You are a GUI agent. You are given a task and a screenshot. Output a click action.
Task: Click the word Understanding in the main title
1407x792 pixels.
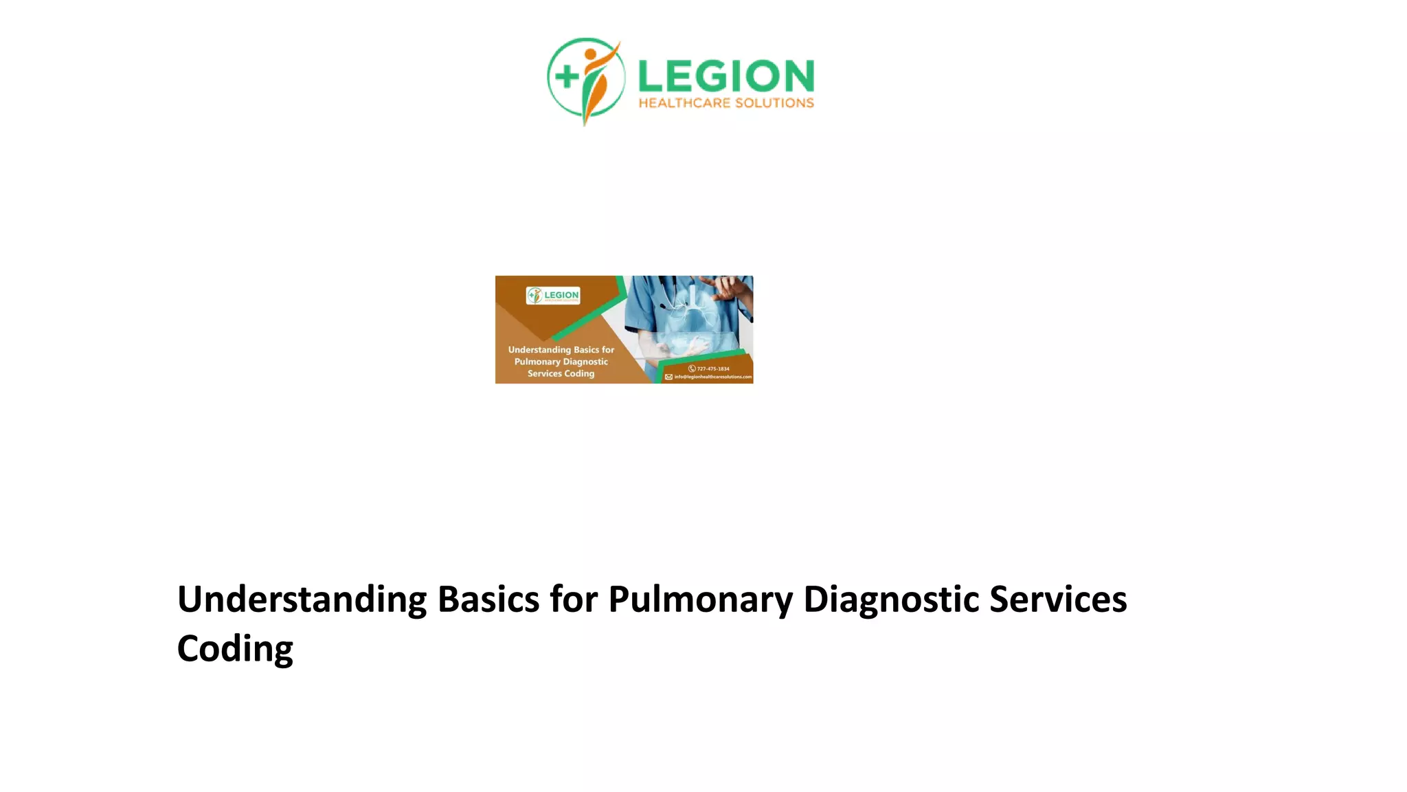tap(302, 599)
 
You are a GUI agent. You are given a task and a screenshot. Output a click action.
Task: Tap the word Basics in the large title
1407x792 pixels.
tap(488, 599)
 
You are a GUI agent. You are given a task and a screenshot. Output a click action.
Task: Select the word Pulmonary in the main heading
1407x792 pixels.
tap(701, 599)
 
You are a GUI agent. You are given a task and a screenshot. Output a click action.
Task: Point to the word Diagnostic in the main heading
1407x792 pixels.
tap(891, 599)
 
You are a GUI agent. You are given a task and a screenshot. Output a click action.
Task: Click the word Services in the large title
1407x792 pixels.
tap(1058, 599)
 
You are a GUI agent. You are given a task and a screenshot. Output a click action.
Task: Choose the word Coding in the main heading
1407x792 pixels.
tap(235, 649)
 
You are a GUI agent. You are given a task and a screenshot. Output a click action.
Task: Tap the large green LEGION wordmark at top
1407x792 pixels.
tap(726, 76)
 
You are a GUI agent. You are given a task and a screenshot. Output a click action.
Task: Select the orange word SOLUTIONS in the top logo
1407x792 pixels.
tap(774, 103)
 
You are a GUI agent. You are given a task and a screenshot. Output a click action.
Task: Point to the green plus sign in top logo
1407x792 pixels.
tap(567, 76)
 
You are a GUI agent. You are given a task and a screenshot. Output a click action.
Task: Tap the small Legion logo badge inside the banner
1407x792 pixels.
tap(553, 296)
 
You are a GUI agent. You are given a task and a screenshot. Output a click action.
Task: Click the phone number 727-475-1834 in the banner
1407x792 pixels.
tap(713, 369)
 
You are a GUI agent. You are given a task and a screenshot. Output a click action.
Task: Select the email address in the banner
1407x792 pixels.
tap(713, 377)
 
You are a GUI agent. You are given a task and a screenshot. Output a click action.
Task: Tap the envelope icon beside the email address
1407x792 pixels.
tap(668, 377)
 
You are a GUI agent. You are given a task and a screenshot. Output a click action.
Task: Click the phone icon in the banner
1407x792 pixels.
tap(692, 369)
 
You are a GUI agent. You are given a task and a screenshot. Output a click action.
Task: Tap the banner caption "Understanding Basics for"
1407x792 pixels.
tap(561, 350)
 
